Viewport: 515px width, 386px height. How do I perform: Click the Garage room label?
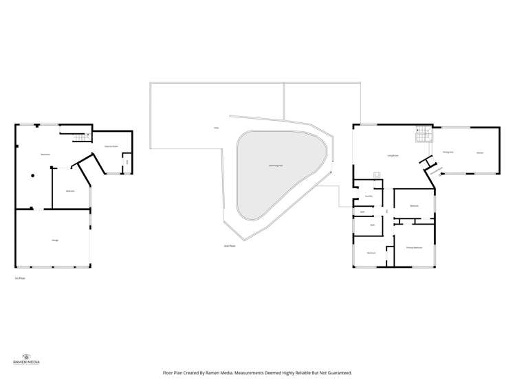point(54,240)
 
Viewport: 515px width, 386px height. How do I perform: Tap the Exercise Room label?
point(111,146)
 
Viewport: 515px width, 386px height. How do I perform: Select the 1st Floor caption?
point(20,278)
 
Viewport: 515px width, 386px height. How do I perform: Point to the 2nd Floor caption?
point(230,245)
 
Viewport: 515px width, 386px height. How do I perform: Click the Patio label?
point(216,128)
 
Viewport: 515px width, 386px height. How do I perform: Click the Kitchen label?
point(480,152)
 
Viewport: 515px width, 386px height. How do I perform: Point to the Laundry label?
point(369,196)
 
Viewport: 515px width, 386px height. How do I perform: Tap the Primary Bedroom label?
point(413,247)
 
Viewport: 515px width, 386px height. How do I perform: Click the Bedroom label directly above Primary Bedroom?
point(414,206)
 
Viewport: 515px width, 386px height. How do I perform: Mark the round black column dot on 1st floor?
point(32,175)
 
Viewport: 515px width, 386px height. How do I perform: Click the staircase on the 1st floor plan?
point(82,137)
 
